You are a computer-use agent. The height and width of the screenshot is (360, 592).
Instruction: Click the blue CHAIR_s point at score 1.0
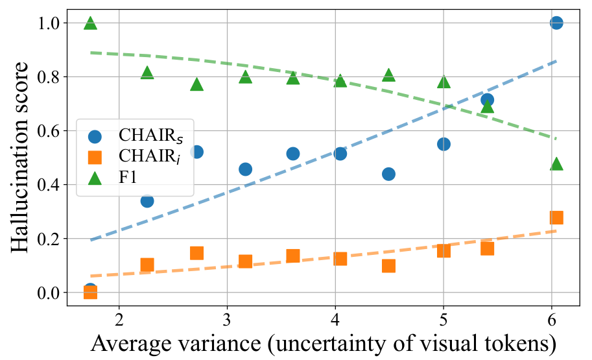pos(556,23)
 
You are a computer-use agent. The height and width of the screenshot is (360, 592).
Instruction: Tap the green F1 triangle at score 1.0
pos(90,23)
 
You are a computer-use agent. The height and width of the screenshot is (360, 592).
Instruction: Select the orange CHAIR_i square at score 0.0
pos(90,293)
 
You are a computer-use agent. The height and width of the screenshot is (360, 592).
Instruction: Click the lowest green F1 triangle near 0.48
pos(556,164)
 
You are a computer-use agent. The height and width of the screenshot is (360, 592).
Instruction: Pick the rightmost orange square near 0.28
pos(556,217)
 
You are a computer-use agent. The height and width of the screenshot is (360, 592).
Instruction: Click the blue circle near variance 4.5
pos(388,174)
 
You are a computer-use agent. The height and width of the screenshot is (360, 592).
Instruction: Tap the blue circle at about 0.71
pos(487,100)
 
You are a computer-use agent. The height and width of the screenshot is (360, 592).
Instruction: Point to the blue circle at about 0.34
pos(147,200)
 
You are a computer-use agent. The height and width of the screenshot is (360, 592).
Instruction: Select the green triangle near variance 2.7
pos(197,84)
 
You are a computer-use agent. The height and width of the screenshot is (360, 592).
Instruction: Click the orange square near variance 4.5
pos(388,266)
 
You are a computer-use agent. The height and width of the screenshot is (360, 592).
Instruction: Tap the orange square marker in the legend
pos(95,157)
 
